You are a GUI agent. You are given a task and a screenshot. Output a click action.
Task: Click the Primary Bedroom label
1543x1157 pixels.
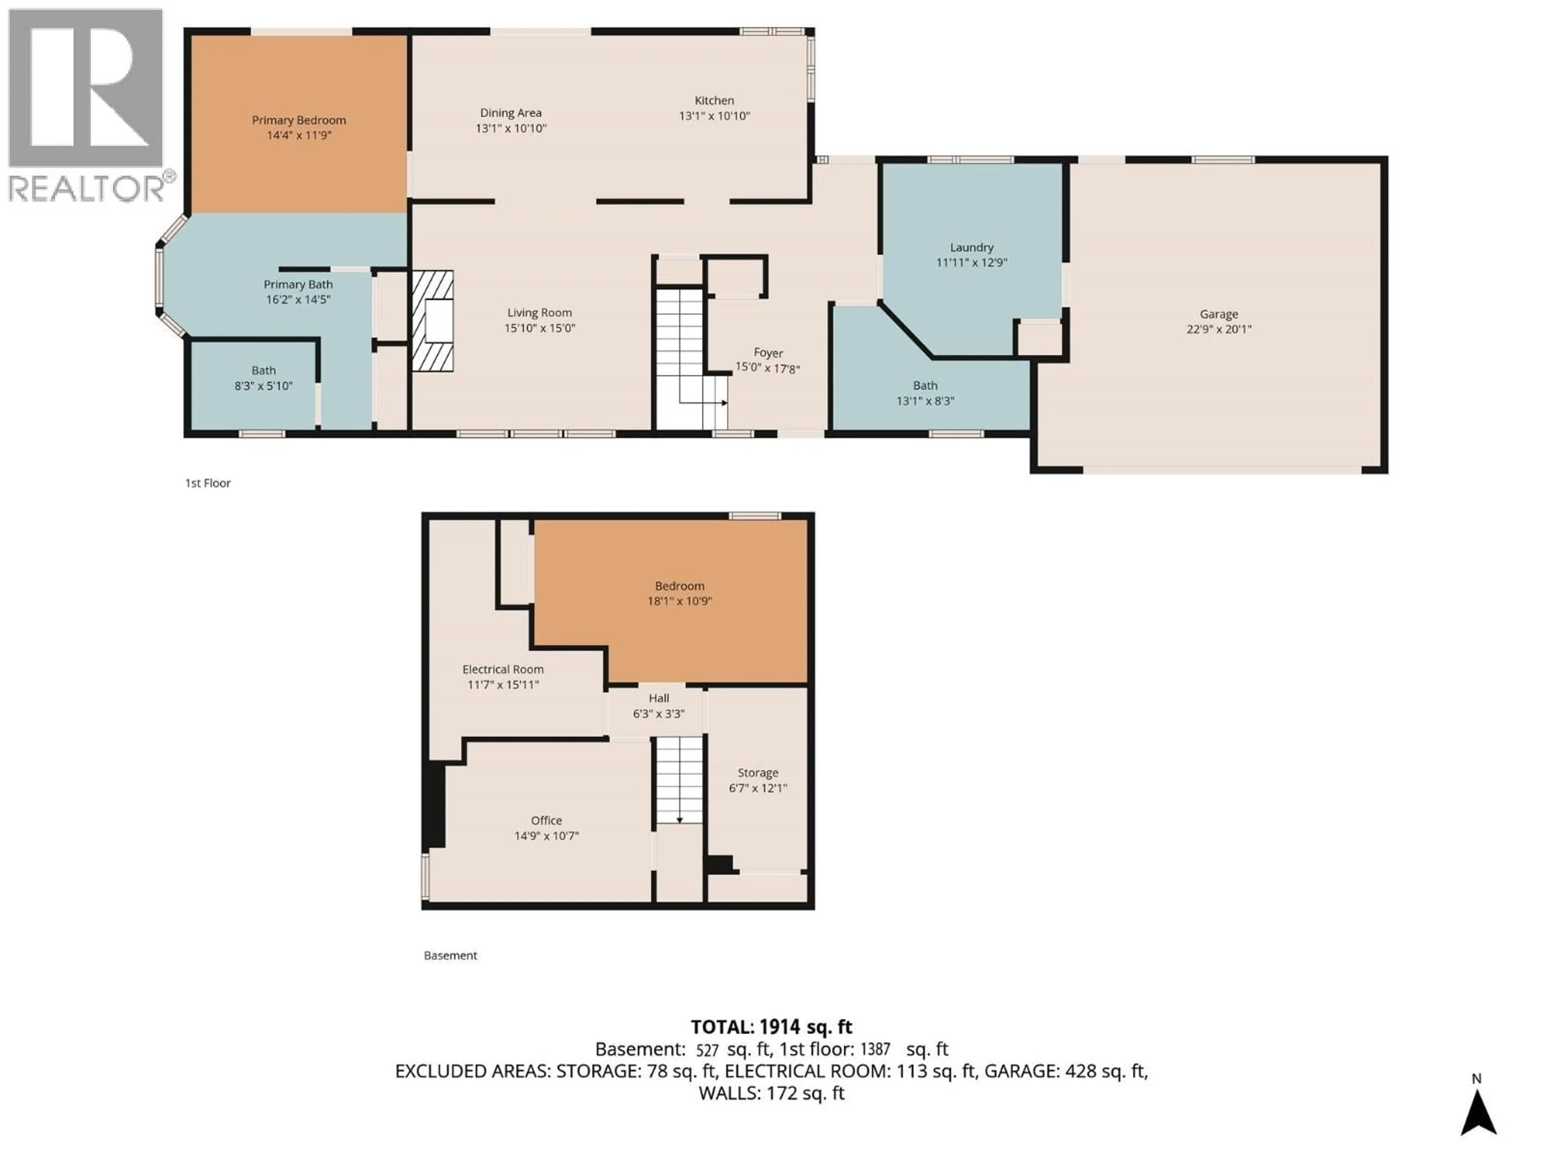click(x=299, y=120)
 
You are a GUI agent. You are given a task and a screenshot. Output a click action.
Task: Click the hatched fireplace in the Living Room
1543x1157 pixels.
click(x=432, y=321)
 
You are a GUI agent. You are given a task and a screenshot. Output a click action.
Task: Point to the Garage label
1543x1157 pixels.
click(x=1219, y=315)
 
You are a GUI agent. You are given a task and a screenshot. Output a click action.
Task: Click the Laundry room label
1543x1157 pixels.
click(x=971, y=247)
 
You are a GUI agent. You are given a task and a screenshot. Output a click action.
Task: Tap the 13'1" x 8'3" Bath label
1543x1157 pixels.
click(x=925, y=393)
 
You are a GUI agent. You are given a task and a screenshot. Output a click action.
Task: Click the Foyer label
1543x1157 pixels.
click(x=768, y=353)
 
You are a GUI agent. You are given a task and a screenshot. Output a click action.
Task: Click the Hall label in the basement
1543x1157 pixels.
click(x=659, y=698)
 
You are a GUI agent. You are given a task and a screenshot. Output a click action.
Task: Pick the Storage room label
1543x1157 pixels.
click(x=757, y=773)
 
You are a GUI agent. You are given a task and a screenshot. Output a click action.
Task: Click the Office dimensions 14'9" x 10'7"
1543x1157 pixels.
click(x=546, y=836)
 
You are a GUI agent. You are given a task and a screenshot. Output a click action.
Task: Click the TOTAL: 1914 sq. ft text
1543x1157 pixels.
click(x=771, y=1026)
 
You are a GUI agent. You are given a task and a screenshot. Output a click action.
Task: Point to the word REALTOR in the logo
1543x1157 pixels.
click(x=87, y=188)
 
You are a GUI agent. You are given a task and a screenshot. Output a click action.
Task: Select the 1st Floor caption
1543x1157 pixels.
click(x=207, y=482)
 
